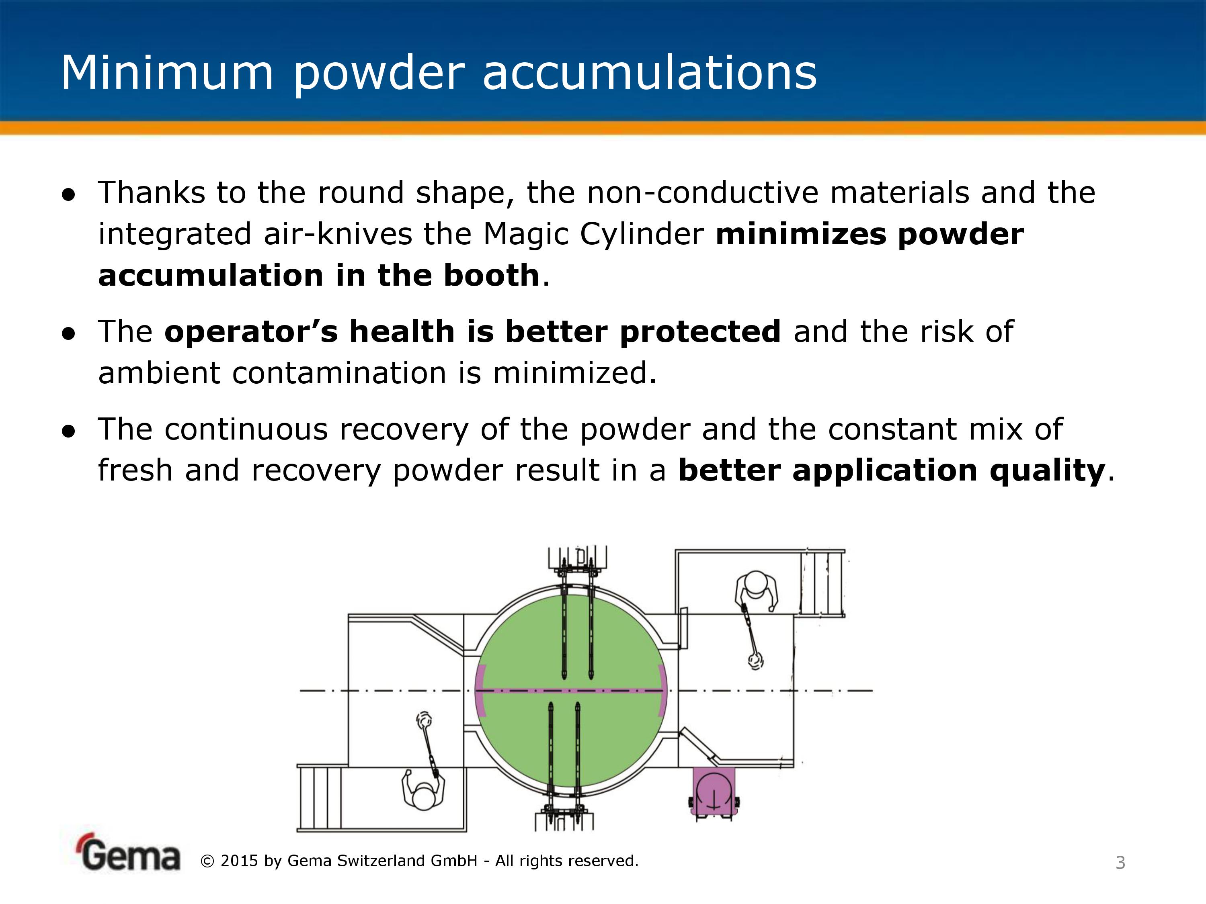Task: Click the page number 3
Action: click(x=1120, y=863)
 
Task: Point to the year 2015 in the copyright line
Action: click(x=239, y=861)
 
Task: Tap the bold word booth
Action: click(x=491, y=275)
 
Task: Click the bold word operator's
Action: click(x=251, y=332)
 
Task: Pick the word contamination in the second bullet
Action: click(x=339, y=373)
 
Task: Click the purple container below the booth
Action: click(x=714, y=791)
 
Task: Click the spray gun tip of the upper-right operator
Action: click(x=756, y=661)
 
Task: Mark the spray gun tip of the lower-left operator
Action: click(x=424, y=720)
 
